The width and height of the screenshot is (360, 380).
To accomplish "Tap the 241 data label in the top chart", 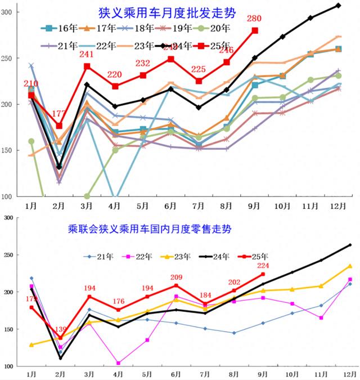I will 86,55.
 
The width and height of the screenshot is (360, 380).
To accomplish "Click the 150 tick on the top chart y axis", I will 12,150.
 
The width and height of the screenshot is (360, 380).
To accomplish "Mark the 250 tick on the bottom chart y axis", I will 12,255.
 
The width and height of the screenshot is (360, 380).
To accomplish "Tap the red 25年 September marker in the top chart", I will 255,31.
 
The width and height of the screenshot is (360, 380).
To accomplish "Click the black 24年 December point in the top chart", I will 338,5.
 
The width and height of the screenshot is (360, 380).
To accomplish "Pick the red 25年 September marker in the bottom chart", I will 263,274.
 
